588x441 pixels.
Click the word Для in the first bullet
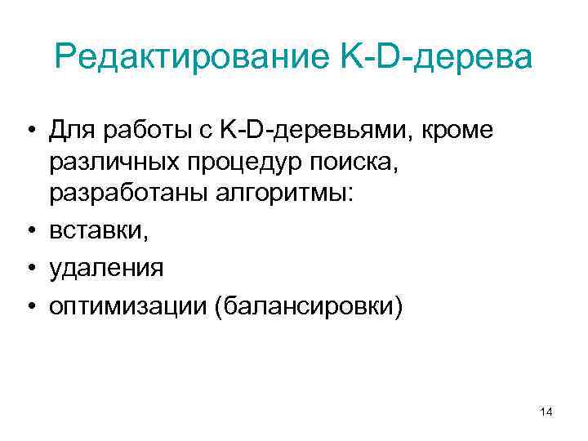[71, 130]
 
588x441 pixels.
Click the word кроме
[457, 130]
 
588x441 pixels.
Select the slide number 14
[546, 413]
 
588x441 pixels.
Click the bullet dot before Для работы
[30, 131]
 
